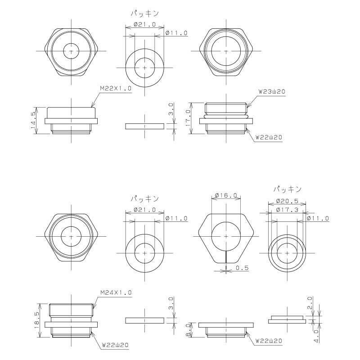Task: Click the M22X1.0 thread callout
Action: pos(116,89)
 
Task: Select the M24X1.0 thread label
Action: pos(116,293)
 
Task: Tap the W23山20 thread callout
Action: pos(272,92)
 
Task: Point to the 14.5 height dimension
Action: pos(33,121)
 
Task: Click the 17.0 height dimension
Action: pos(188,118)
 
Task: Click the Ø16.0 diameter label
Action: pos(226,195)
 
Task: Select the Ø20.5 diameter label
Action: pos(287,201)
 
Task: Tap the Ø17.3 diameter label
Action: pos(287,210)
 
